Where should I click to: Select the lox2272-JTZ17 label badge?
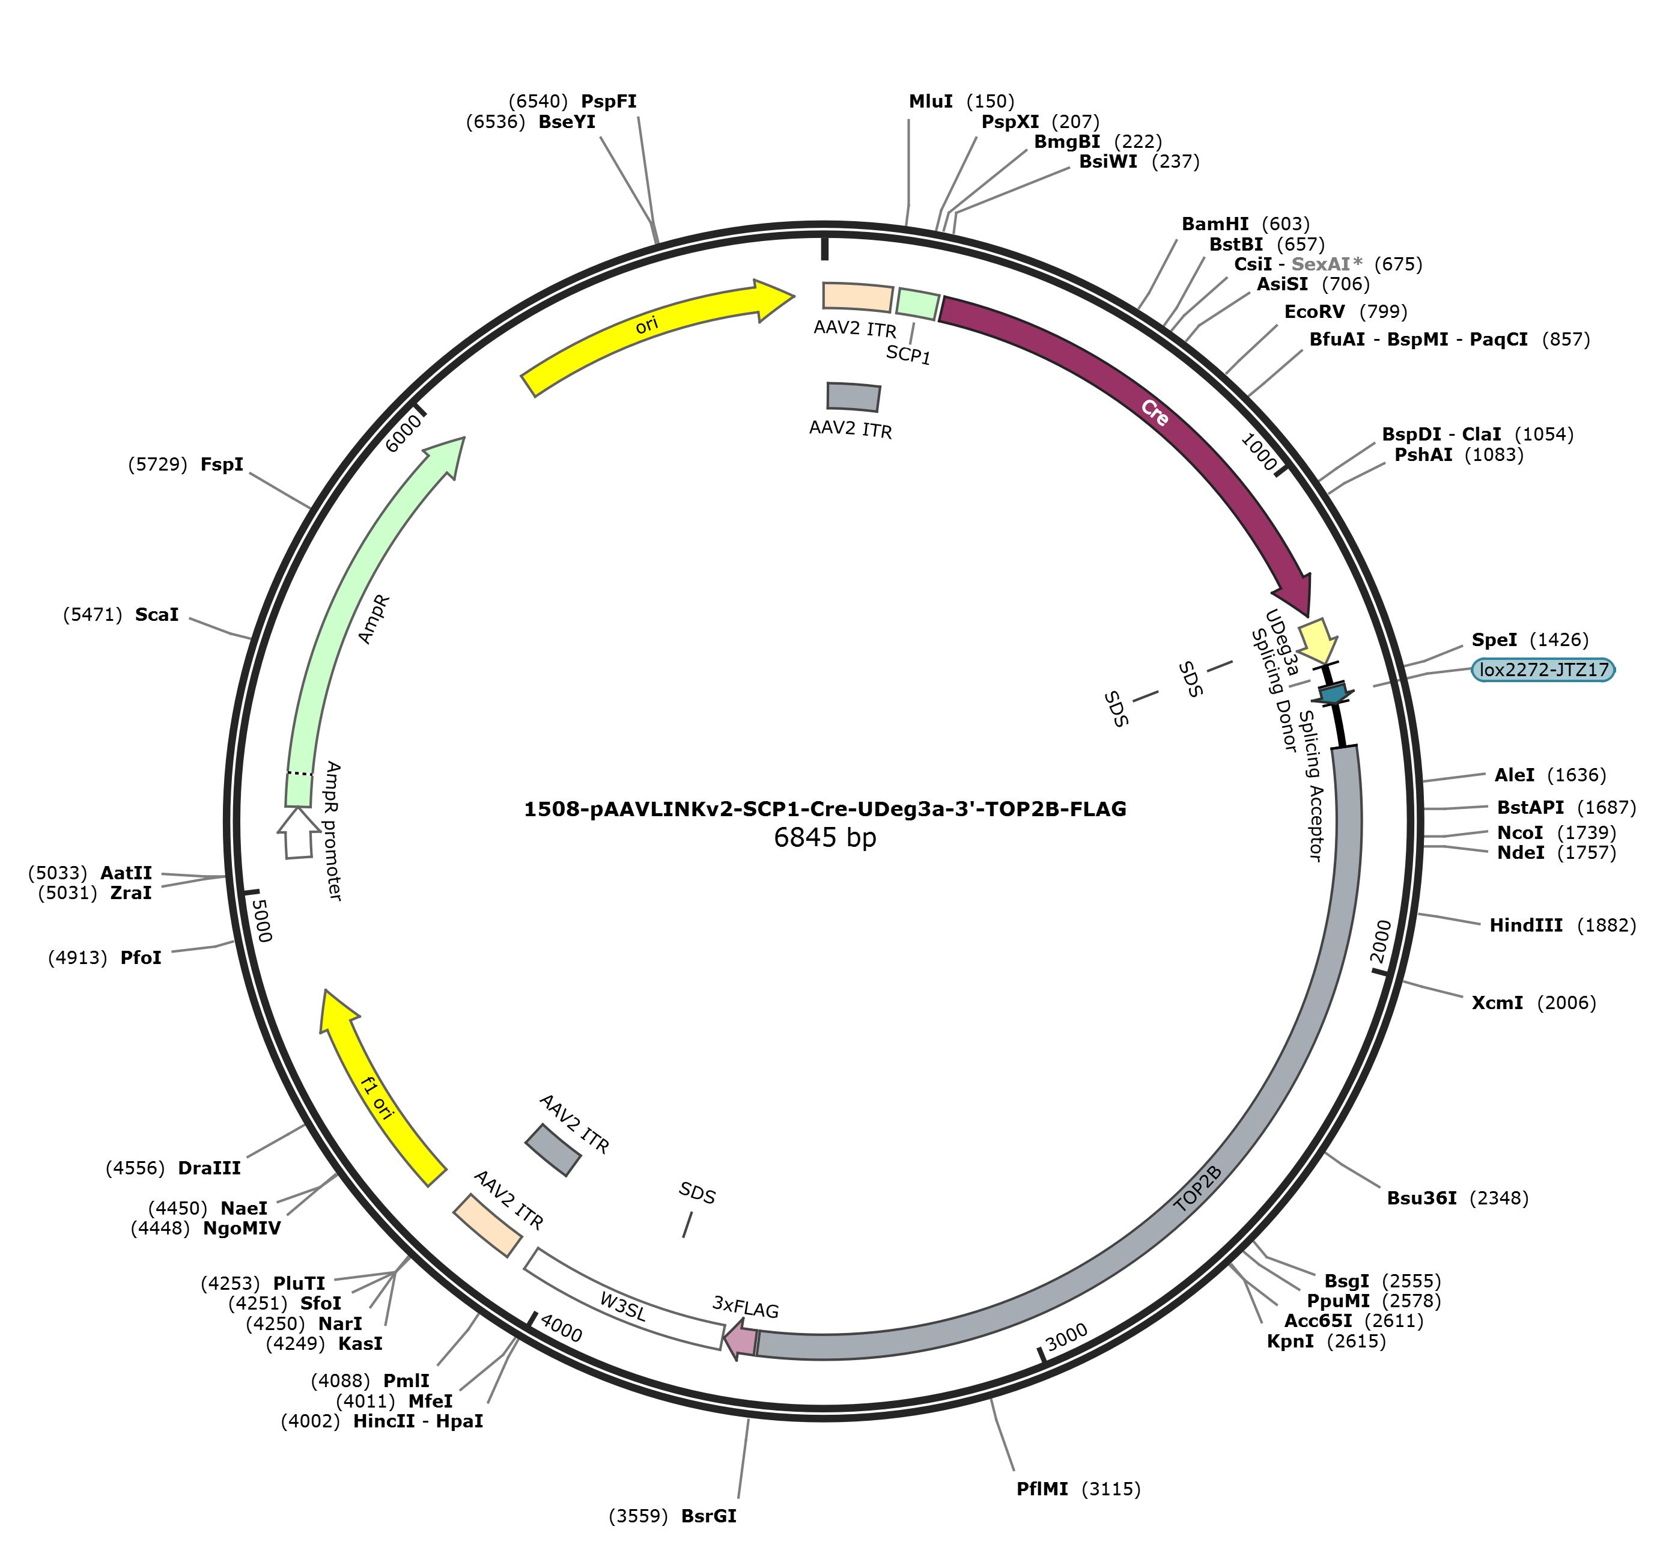pyautogui.click(x=1542, y=670)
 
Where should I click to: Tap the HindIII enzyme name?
pyautogui.click(x=1525, y=925)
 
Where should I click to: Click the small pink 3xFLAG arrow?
pyautogui.click(x=741, y=1338)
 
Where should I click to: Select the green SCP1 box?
pyautogui.click(x=917, y=303)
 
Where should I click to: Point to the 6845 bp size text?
pyautogui.click(x=825, y=837)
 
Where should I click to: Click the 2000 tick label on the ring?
pyautogui.click(x=1380, y=942)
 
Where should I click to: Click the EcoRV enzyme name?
pyautogui.click(x=1314, y=312)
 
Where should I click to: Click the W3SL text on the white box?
pyautogui.click(x=623, y=1307)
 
